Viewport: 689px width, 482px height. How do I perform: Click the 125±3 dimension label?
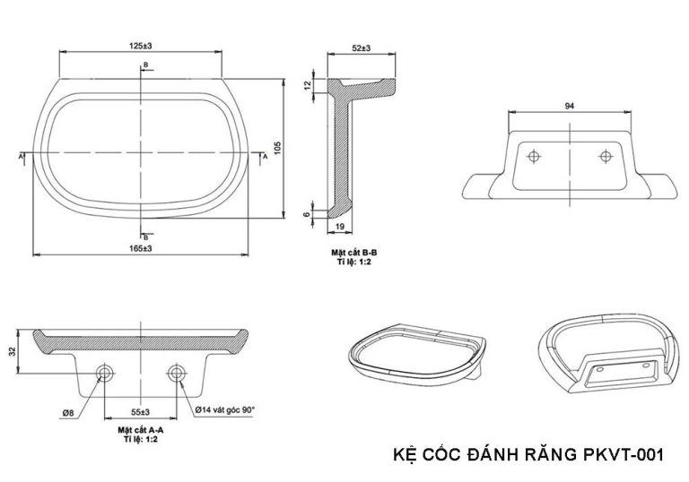pyautogui.click(x=140, y=44)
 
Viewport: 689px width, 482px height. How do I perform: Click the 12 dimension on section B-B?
pyautogui.click(x=306, y=85)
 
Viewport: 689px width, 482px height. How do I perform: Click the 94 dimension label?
pyautogui.click(x=568, y=106)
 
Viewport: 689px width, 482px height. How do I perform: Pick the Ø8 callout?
pyautogui.click(x=69, y=412)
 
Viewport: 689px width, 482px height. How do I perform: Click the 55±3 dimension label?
pyautogui.click(x=140, y=412)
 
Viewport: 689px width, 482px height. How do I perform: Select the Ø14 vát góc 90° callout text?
pyautogui.click(x=224, y=409)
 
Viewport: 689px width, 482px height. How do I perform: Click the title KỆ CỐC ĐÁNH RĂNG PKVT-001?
pyautogui.click(x=528, y=454)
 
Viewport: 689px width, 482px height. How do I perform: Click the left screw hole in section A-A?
pyautogui.click(x=105, y=373)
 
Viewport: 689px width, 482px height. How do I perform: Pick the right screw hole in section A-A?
pyautogui.click(x=175, y=373)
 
